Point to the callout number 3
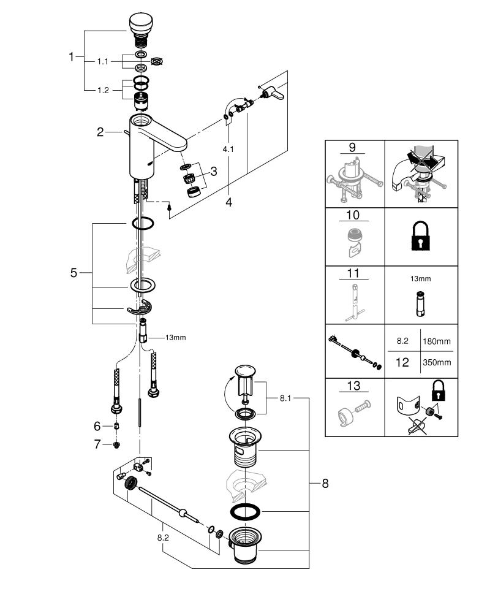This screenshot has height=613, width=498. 214,172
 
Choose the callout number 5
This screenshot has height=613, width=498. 74,273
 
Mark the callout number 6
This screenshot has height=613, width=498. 96,425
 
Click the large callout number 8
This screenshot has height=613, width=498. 325,484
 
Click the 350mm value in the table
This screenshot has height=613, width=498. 436,362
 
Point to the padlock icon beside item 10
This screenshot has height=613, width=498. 420,235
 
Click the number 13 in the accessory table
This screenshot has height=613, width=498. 353,386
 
